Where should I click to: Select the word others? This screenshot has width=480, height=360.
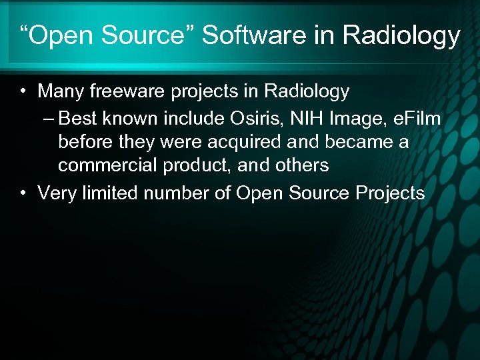(x=303, y=165)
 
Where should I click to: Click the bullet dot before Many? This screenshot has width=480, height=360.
(x=23, y=91)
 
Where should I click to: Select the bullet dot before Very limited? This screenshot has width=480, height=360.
(x=23, y=194)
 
